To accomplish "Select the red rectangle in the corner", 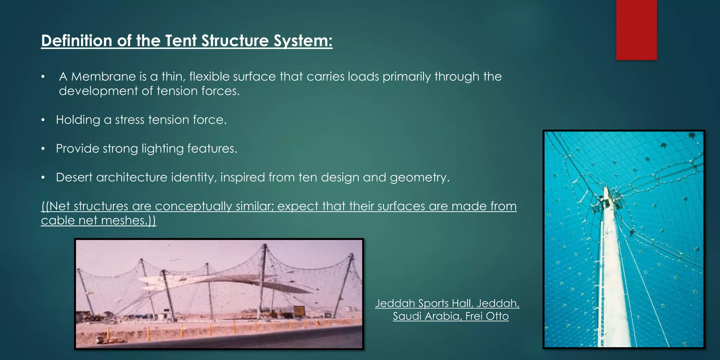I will coord(636,30).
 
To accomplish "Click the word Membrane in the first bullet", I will coord(103,77).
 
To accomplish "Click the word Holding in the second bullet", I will coord(78,120).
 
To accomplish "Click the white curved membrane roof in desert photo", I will coord(225,281).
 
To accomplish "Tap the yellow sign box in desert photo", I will coord(299,311).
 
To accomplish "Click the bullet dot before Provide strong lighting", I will coord(43,149).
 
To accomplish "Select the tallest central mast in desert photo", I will coord(263,278).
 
